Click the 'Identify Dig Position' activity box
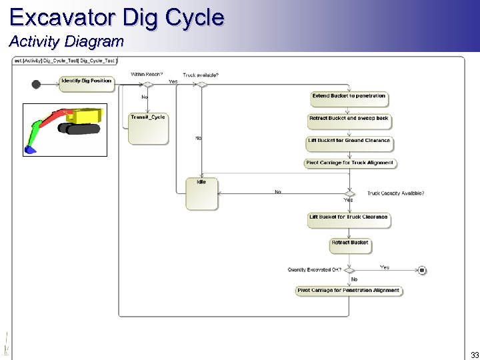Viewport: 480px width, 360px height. point(86,83)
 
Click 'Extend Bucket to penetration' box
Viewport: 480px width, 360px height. point(349,98)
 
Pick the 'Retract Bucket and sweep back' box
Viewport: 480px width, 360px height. point(349,120)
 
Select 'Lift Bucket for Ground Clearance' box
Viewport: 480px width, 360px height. point(349,143)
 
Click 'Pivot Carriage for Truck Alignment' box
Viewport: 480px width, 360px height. point(349,165)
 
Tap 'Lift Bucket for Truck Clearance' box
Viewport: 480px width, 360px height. point(349,219)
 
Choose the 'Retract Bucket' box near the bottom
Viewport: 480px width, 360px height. point(349,245)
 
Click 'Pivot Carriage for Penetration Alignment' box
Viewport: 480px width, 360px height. point(349,291)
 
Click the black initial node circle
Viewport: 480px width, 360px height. point(36,84)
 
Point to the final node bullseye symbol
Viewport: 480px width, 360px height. point(421,270)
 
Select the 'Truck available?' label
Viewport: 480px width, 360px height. point(201,75)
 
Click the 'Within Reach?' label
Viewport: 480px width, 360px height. point(147,74)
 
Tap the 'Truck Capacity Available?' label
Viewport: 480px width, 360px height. point(395,193)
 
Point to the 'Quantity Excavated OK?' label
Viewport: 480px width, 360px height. point(314,270)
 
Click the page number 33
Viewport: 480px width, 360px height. point(474,355)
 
